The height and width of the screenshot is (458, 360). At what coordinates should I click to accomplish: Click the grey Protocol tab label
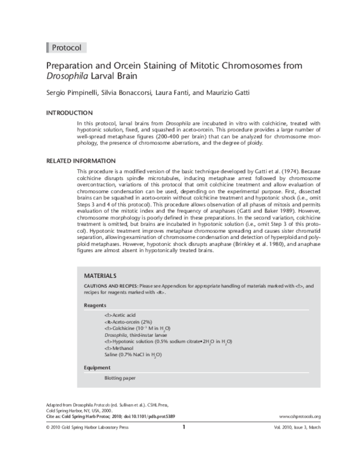[x=66, y=47]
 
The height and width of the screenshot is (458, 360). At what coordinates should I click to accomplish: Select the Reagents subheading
[x=95, y=306]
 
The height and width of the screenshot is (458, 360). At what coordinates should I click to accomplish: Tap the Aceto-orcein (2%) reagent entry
[x=128, y=322]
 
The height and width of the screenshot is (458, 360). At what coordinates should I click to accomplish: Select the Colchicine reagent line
[x=137, y=328]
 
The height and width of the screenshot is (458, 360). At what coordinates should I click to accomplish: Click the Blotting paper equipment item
[x=120, y=378]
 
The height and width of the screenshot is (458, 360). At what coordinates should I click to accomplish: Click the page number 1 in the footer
[x=184, y=427]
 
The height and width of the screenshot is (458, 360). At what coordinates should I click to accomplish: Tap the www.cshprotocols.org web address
[x=300, y=416]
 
